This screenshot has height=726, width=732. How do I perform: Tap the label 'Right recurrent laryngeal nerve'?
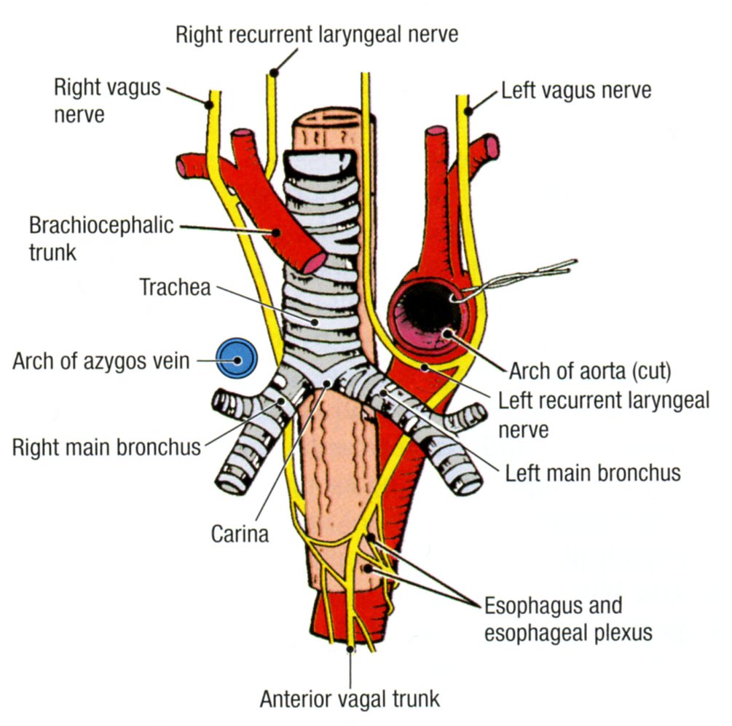(317, 33)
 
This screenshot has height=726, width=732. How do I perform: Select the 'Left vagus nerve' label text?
(575, 91)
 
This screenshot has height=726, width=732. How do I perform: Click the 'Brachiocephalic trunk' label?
(101, 237)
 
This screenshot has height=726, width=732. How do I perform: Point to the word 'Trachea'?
(175, 287)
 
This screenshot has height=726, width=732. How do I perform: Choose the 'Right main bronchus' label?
(106, 446)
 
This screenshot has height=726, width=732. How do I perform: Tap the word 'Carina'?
(240, 534)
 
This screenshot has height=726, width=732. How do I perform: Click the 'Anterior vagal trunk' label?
(350, 699)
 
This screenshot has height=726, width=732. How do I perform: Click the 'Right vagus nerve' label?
(106, 101)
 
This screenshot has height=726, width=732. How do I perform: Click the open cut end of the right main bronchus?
(234, 482)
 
